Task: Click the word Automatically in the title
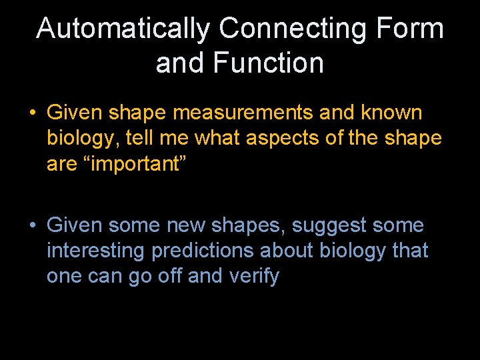(x=123, y=29)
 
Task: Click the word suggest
(x=329, y=226)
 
